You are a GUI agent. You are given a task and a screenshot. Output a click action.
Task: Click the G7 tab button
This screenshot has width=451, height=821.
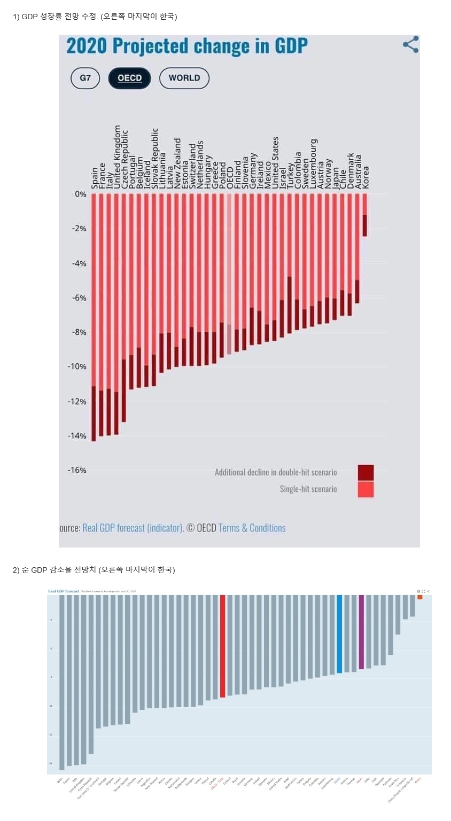[x=85, y=78]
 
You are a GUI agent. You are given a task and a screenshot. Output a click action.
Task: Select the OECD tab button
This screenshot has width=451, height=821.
[x=129, y=78]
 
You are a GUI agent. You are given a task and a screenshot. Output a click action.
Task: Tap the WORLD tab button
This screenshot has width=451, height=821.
[x=184, y=78]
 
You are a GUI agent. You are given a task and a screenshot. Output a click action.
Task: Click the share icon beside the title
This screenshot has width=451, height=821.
[x=410, y=45]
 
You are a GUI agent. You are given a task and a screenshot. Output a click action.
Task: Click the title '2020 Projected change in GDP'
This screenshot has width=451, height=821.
[x=187, y=46]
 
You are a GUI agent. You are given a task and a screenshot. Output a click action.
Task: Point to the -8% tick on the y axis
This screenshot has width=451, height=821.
[x=80, y=332]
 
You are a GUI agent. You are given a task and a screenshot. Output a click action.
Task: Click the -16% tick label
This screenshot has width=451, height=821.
[x=77, y=470]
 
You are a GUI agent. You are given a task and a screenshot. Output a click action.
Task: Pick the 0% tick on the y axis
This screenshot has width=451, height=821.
[x=81, y=194]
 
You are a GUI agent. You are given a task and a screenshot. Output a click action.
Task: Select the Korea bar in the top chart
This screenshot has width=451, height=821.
[x=365, y=215]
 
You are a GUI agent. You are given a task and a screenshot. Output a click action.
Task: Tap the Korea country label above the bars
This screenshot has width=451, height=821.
[x=366, y=177]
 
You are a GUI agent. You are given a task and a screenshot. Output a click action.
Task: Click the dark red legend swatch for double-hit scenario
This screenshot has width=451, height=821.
[x=366, y=472]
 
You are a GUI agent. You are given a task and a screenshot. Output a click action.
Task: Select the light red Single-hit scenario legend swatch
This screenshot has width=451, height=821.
[x=366, y=489]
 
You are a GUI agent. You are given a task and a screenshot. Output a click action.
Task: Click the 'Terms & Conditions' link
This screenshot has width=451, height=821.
[x=252, y=528]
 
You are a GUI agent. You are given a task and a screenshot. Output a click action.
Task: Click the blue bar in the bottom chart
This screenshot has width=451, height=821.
[x=339, y=634]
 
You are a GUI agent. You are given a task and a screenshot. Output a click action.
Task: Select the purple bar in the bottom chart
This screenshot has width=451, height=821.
[x=361, y=632]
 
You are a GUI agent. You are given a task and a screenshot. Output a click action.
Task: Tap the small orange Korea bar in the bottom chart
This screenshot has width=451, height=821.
[x=419, y=597]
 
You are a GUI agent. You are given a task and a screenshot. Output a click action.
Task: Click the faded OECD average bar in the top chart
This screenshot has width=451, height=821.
[x=229, y=273]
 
